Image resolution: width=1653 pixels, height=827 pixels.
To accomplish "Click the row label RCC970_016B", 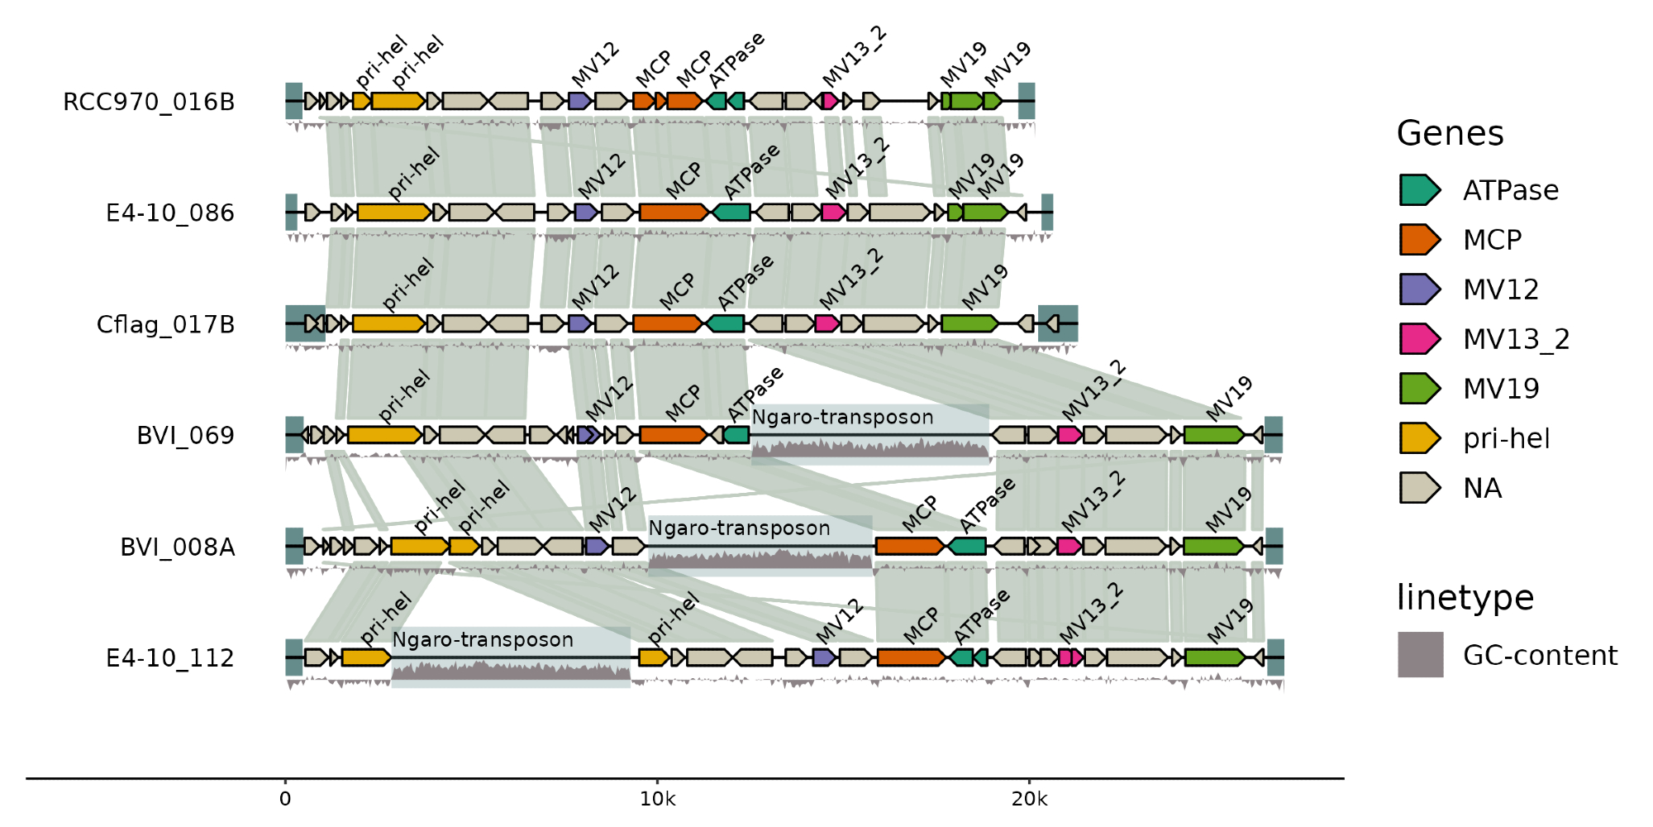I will point(149,102).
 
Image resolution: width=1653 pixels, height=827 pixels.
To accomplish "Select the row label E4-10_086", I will point(170,213).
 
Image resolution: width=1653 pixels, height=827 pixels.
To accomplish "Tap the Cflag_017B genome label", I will point(165,324).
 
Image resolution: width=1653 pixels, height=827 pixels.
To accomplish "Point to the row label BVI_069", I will point(185,435).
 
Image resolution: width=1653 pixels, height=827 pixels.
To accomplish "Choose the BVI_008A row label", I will point(178,547).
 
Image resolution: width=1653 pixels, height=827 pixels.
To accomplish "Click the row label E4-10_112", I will point(170,658).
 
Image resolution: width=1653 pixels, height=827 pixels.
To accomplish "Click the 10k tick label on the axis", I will point(658,799).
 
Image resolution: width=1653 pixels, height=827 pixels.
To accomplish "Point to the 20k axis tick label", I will point(1029,799).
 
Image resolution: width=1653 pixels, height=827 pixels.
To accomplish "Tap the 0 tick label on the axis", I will point(285,799).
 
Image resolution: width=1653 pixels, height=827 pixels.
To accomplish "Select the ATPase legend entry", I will point(1511,190).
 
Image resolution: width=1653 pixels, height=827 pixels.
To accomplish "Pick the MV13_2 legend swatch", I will point(1419,339).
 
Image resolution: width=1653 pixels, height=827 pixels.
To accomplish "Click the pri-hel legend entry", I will point(1506,438).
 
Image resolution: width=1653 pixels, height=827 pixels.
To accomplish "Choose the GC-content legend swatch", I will point(1420,655).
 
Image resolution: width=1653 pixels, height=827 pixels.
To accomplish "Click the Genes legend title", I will point(1450,133).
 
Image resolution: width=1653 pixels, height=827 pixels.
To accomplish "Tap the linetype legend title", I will point(1465,597).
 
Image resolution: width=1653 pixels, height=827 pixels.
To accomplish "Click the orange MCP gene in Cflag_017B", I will point(666,323).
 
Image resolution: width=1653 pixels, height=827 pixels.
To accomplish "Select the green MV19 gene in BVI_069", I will point(1213,435).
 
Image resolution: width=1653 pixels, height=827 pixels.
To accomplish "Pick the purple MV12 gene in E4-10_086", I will point(586,213).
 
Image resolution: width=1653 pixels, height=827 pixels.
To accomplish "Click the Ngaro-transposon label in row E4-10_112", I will point(483,639).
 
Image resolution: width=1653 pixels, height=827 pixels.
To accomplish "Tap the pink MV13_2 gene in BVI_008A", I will point(1069,546).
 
